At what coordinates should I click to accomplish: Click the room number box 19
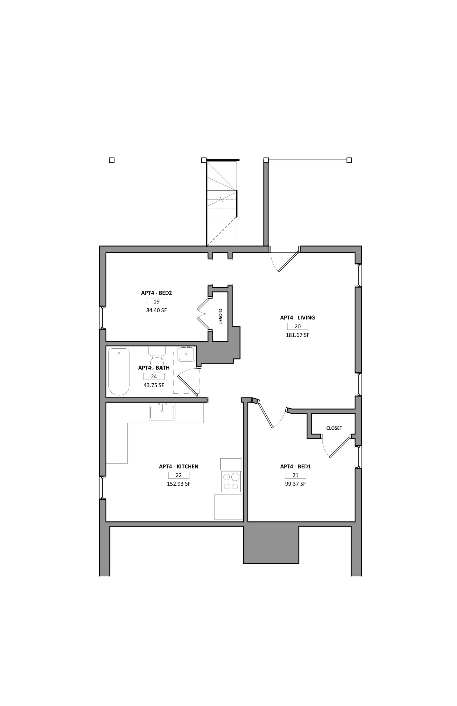tap(156, 302)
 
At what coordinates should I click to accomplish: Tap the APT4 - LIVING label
tap(297, 317)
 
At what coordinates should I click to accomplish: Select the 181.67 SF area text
tap(297, 335)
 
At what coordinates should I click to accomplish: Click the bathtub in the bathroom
tap(119, 372)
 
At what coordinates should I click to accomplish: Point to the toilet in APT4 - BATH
tap(157, 359)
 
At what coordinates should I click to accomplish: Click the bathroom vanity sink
tap(186, 354)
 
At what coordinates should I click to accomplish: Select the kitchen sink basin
tap(162, 412)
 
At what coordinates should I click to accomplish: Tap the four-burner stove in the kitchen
tap(231, 481)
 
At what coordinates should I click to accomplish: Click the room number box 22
tap(179, 475)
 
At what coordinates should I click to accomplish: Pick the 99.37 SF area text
tap(295, 484)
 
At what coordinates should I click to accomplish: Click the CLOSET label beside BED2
tap(220, 316)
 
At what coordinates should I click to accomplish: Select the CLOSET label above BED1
tap(334, 428)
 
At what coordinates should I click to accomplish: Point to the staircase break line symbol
tap(221, 199)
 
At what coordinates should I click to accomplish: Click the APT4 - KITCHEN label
tap(179, 466)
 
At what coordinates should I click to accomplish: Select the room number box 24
tap(154, 376)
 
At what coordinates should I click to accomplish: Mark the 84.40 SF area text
tap(156, 311)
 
